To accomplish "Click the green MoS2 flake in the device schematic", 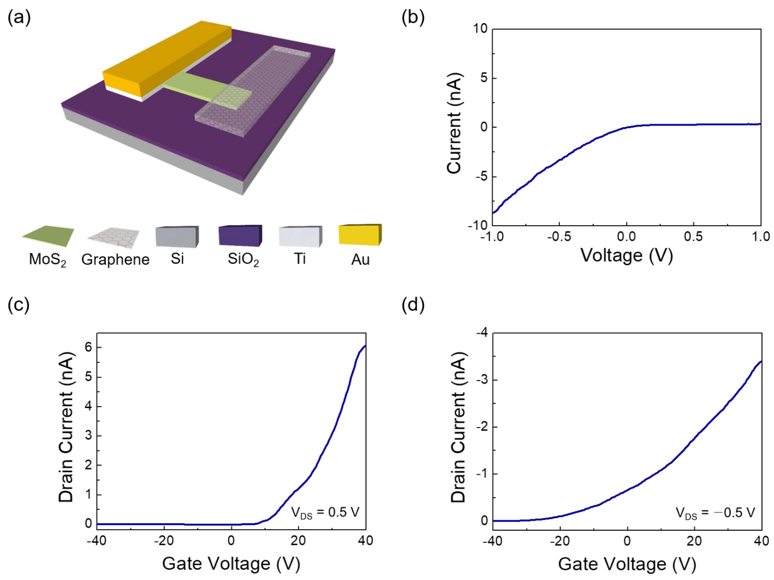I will [196, 86].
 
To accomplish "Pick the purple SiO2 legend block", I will [240, 235].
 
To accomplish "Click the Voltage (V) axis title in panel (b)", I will [627, 255].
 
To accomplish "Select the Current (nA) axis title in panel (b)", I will [454, 123].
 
